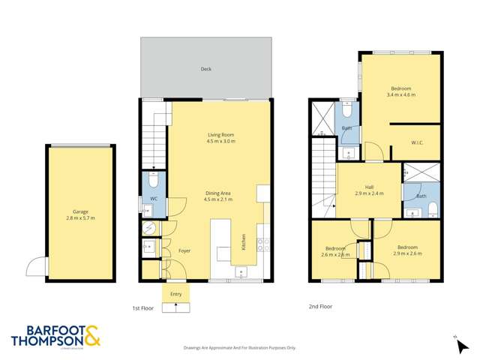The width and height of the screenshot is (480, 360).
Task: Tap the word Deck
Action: pyautogui.click(x=205, y=69)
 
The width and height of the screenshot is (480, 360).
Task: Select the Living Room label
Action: pyautogui.click(x=221, y=135)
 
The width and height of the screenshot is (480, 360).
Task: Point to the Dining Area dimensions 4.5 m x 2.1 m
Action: pyautogui.click(x=218, y=199)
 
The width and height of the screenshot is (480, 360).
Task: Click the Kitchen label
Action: pyautogui.click(x=243, y=241)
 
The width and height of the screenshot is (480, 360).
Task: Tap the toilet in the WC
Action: pyautogui.click(x=152, y=181)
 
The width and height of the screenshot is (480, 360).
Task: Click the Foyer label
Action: pyautogui.click(x=184, y=250)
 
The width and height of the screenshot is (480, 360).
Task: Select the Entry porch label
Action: pyautogui.click(x=176, y=294)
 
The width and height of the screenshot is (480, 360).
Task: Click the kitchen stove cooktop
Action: pyautogui.click(x=263, y=243)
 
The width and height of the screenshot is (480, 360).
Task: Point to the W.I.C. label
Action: pyautogui.click(x=418, y=142)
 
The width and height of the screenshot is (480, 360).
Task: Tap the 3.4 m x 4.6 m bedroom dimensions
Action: pyautogui.click(x=398, y=95)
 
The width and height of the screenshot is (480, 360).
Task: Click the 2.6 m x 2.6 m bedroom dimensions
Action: pyautogui.click(x=335, y=255)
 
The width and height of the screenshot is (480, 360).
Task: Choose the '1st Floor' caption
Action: pyautogui.click(x=142, y=307)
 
